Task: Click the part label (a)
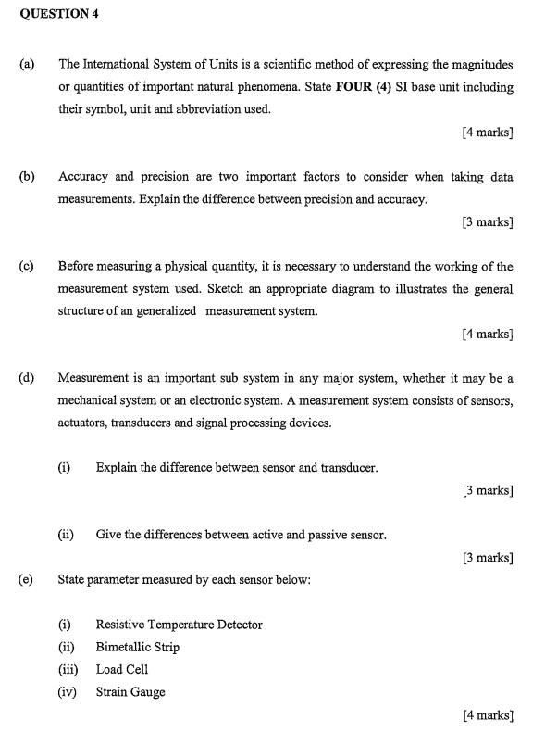[25, 65]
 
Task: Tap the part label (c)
[25, 266]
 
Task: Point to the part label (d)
[25, 378]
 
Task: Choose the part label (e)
[25, 580]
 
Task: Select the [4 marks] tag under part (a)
[487, 133]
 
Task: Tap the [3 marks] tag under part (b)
[487, 222]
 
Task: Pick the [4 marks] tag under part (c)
[487, 334]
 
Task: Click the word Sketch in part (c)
[384, 289]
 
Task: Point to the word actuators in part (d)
[82, 423]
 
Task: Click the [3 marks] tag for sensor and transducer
[487, 490]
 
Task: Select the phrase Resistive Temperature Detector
[179, 625]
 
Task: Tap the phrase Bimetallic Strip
[138, 647]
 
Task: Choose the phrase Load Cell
[122, 669]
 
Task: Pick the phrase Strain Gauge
[130, 692]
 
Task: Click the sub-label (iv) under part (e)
[67, 692]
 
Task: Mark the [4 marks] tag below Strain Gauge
[487, 714]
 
